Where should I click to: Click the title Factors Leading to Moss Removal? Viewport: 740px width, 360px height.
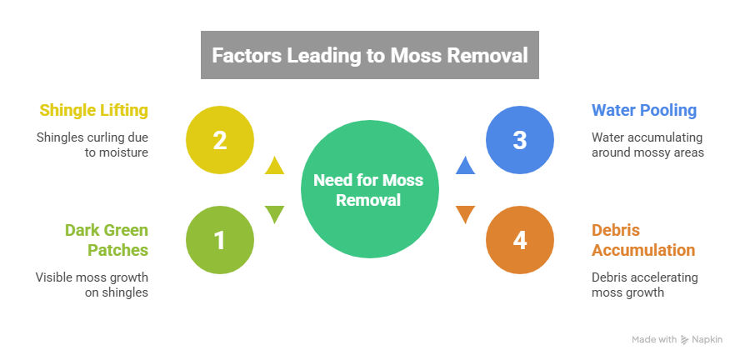(x=369, y=56)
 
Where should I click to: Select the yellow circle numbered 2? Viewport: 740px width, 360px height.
(x=219, y=140)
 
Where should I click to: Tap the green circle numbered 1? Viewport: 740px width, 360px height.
(x=219, y=240)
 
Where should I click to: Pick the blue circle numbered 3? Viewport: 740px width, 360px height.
(x=520, y=140)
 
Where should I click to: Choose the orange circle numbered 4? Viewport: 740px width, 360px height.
(x=520, y=240)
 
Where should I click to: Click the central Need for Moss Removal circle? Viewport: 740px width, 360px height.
(x=368, y=190)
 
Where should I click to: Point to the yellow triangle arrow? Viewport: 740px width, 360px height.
(x=273, y=165)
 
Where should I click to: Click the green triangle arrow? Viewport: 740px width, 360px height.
(x=273, y=215)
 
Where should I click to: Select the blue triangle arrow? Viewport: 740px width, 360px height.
(x=465, y=165)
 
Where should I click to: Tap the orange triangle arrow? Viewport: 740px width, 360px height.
(x=465, y=215)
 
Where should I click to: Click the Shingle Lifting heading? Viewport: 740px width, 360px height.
(x=94, y=110)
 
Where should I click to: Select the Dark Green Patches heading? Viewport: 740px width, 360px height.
(x=107, y=239)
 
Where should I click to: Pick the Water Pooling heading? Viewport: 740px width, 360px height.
(x=643, y=110)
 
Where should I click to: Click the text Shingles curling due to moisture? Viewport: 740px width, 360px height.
(x=92, y=145)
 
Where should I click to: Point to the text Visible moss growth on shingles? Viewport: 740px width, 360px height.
(x=92, y=284)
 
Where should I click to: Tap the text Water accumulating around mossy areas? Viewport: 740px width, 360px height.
(x=647, y=145)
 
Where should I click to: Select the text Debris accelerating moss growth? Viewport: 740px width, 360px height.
(x=645, y=284)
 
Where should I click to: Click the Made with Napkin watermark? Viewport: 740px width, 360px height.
(x=677, y=340)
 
